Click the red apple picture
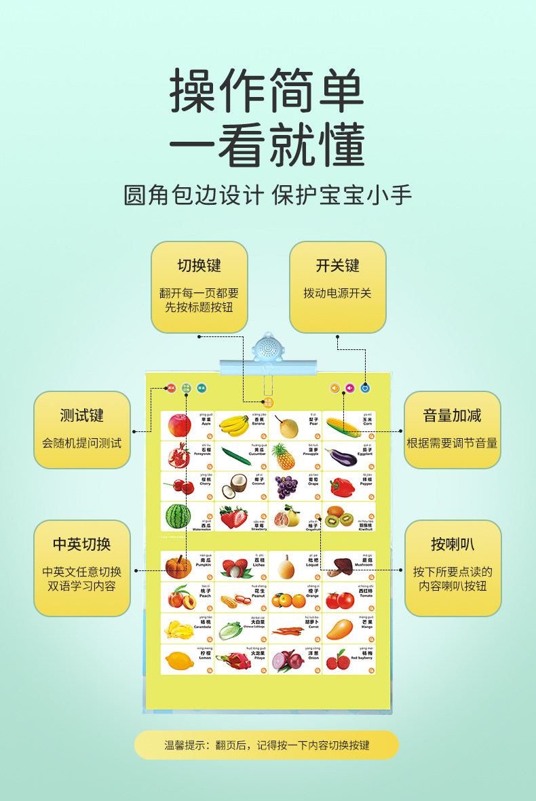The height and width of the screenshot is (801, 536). (180, 425)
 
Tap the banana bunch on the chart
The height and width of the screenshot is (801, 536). (234, 425)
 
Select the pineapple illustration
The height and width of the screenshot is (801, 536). (284, 456)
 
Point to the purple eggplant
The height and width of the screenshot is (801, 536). (340, 456)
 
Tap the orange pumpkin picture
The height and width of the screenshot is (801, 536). (178, 566)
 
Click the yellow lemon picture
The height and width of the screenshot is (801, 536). (178, 661)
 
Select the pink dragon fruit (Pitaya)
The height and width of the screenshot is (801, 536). (231, 661)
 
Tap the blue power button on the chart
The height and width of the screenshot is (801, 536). (365, 388)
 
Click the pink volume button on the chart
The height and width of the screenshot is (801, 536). (350, 388)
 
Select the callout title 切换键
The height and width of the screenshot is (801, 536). (199, 265)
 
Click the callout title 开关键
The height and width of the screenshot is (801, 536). (337, 265)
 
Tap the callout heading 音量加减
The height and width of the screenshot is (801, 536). (453, 415)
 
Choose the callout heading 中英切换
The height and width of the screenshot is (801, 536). (81, 544)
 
